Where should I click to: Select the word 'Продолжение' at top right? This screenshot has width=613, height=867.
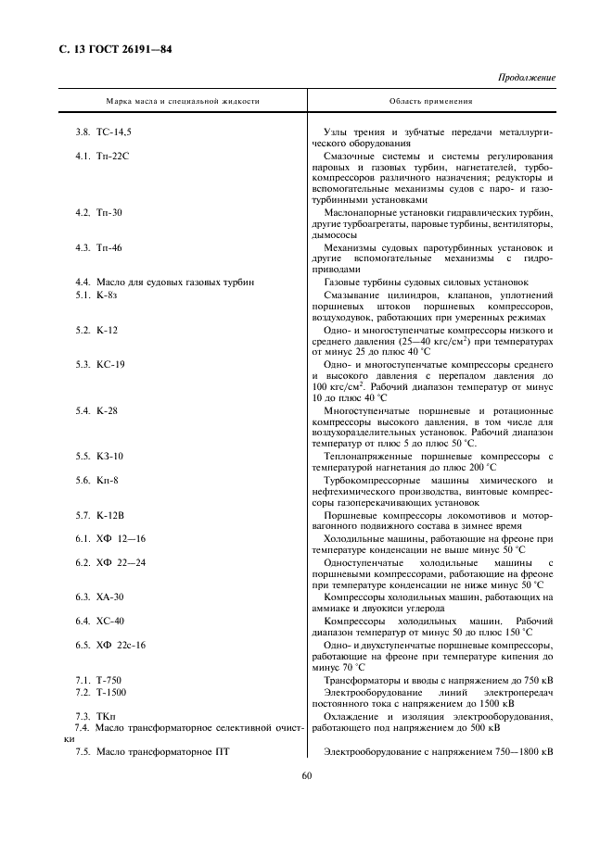(527, 77)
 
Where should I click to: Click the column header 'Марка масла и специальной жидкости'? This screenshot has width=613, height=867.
(183, 101)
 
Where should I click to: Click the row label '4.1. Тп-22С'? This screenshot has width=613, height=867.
(101, 156)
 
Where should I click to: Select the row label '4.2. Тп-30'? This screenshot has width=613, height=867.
(98, 212)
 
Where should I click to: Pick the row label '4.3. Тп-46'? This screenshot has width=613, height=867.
(98, 247)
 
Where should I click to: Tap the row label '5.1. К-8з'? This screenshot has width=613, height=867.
(95, 295)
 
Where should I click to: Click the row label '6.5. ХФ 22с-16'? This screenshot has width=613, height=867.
(110, 644)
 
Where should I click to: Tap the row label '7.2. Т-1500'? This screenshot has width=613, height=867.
(101, 692)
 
